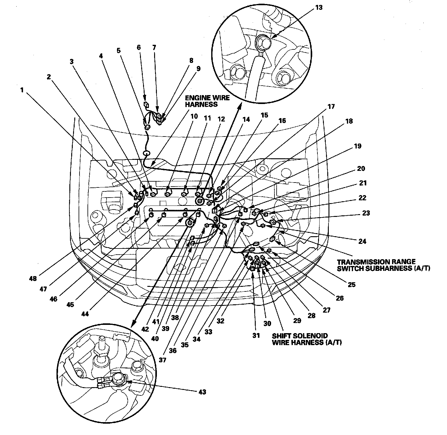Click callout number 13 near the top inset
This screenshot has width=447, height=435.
pyautogui.click(x=319, y=7)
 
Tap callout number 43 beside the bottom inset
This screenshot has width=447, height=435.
pyautogui.click(x=202, y=392)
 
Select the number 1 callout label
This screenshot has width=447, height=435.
pyautogui.click(x=21, y=90)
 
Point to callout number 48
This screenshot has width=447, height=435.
pyautogui.click(x=33, y=279)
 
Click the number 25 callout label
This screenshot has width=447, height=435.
pyautogui.click(x=352, y=285)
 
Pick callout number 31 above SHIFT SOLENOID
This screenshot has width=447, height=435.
pyautogui.click(x=256, y=335)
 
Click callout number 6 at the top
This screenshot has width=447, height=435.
pyautogui.click(x=139, y=47)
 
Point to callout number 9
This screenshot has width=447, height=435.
pyautogui.click(x=198, y=69)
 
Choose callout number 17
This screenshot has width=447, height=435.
pyautogui.click(x=331, y=107)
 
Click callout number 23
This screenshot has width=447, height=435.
pyautogui.click(x=366, y=213)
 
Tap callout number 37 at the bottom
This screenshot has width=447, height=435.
pyautogui.click(x=162, y=360)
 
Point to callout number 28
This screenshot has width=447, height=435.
pyautogui.click(x=312, y=316)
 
